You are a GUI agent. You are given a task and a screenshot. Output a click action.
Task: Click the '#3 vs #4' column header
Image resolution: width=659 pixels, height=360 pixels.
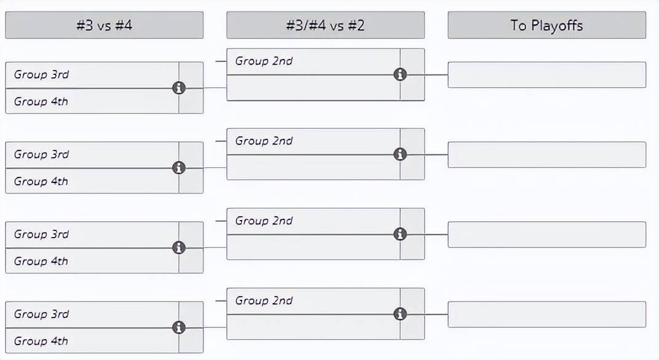click(105, 25)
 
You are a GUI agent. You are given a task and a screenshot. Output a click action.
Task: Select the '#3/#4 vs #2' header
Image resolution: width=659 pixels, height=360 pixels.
click(325, 25)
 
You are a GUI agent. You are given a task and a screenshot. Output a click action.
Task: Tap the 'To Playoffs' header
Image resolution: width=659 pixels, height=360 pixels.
click(547, 25)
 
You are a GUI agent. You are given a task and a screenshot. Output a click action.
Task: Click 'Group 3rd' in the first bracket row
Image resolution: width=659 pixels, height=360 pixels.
click(41, 75)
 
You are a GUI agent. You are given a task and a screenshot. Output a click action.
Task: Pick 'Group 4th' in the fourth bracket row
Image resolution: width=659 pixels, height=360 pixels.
click(41, 341)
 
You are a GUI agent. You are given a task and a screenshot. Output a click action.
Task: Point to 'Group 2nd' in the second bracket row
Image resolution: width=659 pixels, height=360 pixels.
click(264, 141)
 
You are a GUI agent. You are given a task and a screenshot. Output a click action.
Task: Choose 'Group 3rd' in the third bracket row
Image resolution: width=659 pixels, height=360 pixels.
click(41, 235)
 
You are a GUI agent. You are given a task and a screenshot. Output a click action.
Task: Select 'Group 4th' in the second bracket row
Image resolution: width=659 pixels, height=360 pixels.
click(41, 181)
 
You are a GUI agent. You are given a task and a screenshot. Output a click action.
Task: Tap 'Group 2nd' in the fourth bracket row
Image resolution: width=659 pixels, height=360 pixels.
click(264, 300)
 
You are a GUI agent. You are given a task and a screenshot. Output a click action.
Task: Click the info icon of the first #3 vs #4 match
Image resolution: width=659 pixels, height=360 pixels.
click(179, 88)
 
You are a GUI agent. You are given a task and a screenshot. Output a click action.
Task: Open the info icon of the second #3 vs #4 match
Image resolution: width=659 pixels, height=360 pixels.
click(179, 168)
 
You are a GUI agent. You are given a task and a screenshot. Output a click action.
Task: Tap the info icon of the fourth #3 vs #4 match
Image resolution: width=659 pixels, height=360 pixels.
click(179, 327)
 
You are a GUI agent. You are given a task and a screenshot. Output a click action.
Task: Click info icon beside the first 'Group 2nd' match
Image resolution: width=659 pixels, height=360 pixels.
click(400, 74)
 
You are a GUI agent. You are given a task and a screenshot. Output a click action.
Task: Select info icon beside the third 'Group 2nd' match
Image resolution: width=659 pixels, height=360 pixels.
click(400, 234)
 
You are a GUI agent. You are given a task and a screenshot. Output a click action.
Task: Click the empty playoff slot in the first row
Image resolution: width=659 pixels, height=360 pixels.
click(547, 75)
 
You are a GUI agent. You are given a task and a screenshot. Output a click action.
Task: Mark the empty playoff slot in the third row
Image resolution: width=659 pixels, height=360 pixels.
click(547, 235)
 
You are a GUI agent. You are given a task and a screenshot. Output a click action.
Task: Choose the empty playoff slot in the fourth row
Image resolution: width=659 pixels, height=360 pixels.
click(547, 314)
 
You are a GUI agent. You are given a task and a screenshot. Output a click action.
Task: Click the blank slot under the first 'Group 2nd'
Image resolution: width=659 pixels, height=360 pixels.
click(313, 88)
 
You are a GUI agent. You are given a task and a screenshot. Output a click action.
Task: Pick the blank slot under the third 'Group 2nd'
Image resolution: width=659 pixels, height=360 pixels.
click(313, 247)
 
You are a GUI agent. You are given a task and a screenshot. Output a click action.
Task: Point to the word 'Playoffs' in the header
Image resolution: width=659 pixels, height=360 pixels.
click(557, 26)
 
